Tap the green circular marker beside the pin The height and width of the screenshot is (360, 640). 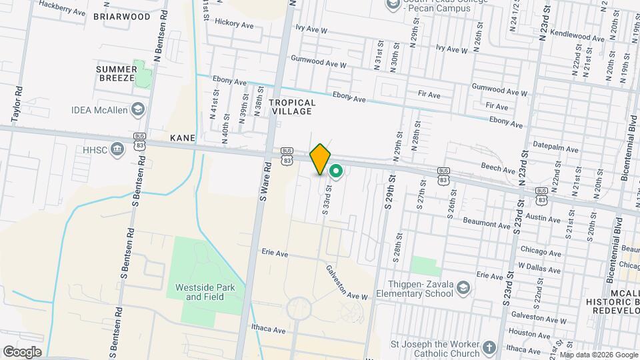point(337,172)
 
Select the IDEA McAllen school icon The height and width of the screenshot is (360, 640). point(138,109)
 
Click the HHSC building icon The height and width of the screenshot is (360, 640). point(118,148)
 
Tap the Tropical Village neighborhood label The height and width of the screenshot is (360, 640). point(291,107)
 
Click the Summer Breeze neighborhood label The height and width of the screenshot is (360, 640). point(116,73)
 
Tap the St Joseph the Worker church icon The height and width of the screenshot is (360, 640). point(489,348)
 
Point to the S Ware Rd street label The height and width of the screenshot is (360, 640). point(264,180)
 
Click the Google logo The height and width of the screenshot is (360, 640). point(22,352)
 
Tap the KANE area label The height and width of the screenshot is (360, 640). point(183,137)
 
